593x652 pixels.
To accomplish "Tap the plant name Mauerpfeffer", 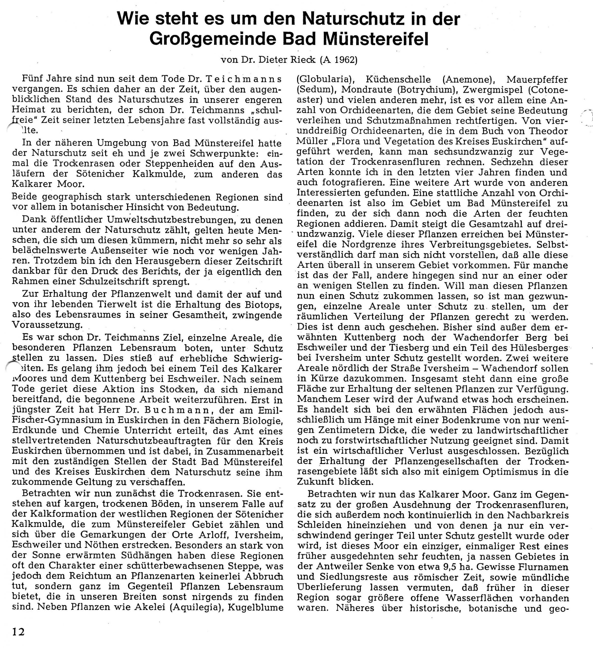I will (x=537, y=79).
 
